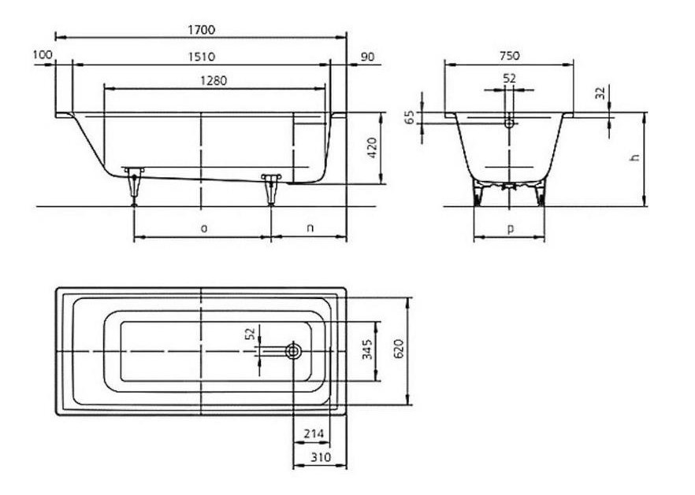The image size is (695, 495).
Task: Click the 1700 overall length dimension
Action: (x=201, y=30)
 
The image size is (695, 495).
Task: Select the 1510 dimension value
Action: (x=201, y=57)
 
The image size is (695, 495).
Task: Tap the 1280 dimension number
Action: (x=214, y=80)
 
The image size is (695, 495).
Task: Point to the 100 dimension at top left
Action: (x=43, y=54)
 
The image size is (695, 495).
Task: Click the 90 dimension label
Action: (x=368, y=57)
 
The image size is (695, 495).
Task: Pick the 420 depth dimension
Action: (x=372, y=148)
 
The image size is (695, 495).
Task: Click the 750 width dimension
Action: (x=510, y=56)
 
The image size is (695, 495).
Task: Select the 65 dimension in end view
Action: (x=411, y=117)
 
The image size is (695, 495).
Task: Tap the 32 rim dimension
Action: (x=600, y=93)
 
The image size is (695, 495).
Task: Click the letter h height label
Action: (x=635, y=157)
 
